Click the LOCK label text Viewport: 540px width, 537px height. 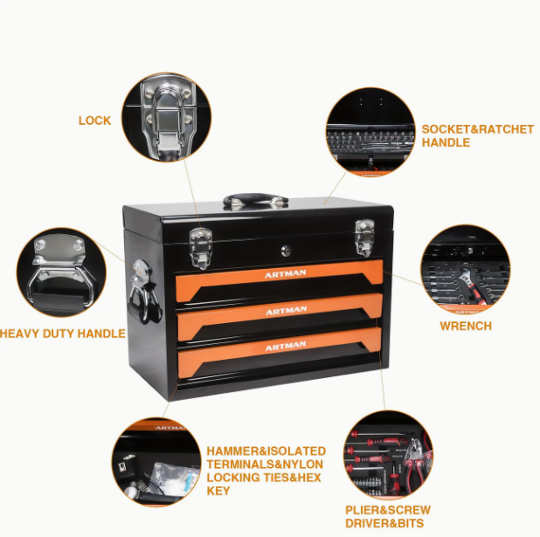pos(94,120)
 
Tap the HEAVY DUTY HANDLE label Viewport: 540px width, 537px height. pos(62,334)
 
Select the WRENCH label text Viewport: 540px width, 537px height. pos(466,326)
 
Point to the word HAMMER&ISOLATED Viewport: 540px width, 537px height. pos(267,451)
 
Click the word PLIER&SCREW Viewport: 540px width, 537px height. pos(388,510)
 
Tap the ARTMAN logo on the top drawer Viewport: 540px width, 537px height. pos(285,273)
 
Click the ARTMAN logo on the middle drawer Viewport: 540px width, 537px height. pos(286,311)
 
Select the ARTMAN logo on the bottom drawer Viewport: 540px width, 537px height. pos(286,347)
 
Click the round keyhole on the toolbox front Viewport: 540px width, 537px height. pos(286,251)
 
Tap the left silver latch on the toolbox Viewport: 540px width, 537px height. pos(200,248)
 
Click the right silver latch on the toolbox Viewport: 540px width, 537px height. pos(364,238)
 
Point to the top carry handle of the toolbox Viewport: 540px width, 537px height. pos(255,200)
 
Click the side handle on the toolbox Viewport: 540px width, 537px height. pos(144,292)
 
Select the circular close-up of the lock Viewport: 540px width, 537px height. pos(166,117)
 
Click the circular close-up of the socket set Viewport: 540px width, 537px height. pos(370,133)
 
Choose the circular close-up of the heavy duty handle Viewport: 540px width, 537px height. pos(61,272)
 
